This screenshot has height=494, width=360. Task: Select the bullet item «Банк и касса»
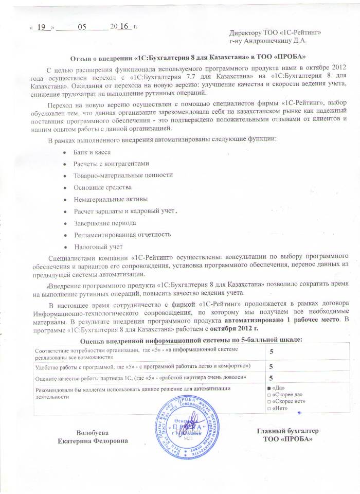[x=92, y=153]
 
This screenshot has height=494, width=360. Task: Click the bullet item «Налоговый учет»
[x=94, y=246]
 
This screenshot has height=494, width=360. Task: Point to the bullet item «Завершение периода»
[x=105, y=223]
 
